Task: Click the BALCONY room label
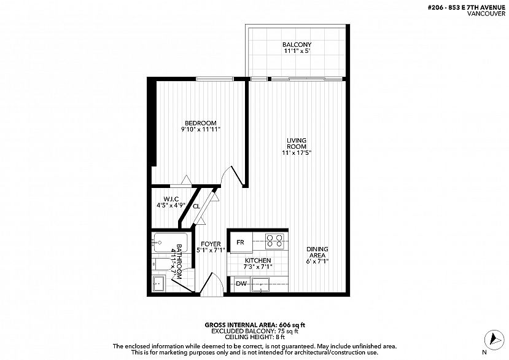[x=297, y=44]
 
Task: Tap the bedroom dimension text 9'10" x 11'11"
[x=201, y=130]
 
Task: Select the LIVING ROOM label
[x=297, y=143]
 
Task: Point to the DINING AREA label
[x=317, y=252]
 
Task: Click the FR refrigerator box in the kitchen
[x=240, y=243]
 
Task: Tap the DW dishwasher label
[x=241, y=284]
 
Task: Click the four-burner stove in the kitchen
[x=274, y=241]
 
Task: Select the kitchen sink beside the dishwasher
[x=261, y=285]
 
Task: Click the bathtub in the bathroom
[x=171, y=243]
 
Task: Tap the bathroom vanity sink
[x=159, y=284]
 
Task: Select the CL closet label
[x=196, y=206]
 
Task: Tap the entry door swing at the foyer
[x=212, y=283]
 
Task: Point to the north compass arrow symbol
[x=494, y=340]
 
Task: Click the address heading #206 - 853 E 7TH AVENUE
[x=467, y=8]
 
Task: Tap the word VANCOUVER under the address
[x=486, y=14]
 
